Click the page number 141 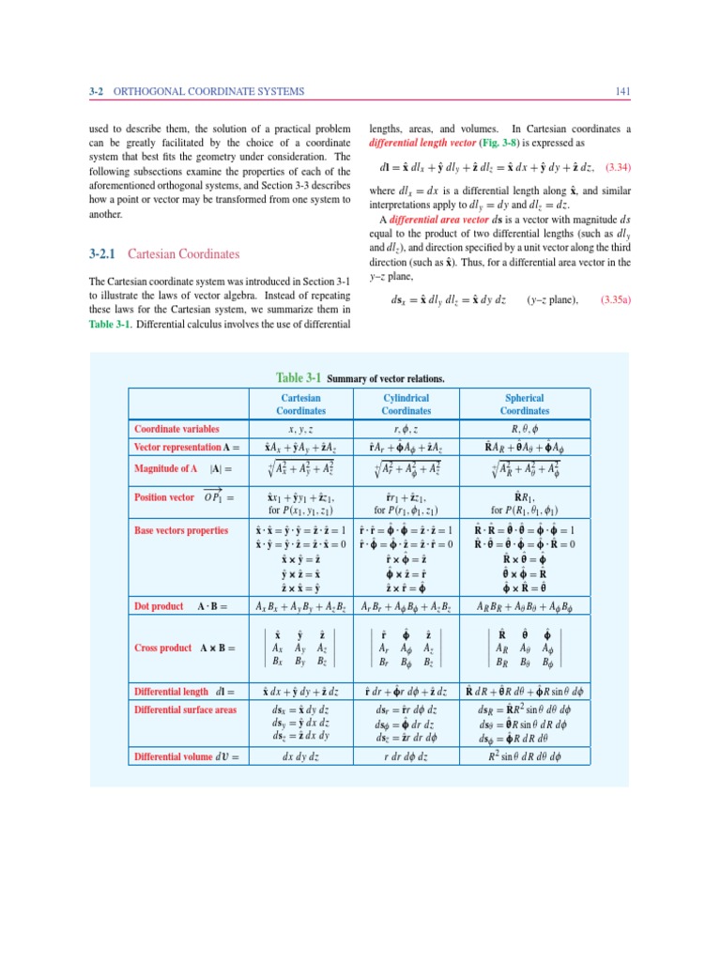[x=621, y=91]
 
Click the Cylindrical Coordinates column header [x=407, y=404]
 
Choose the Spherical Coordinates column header [x=524, y=404]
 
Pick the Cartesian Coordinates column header [x=300, y=404]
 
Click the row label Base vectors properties [x=181, y=531]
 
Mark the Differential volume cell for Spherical [x=524, y=755]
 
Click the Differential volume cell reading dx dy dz [x=300, y=755]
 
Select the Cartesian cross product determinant [x=300, y=648]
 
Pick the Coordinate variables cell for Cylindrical [x=407, y=429]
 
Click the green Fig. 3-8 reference [x=509, y=142]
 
